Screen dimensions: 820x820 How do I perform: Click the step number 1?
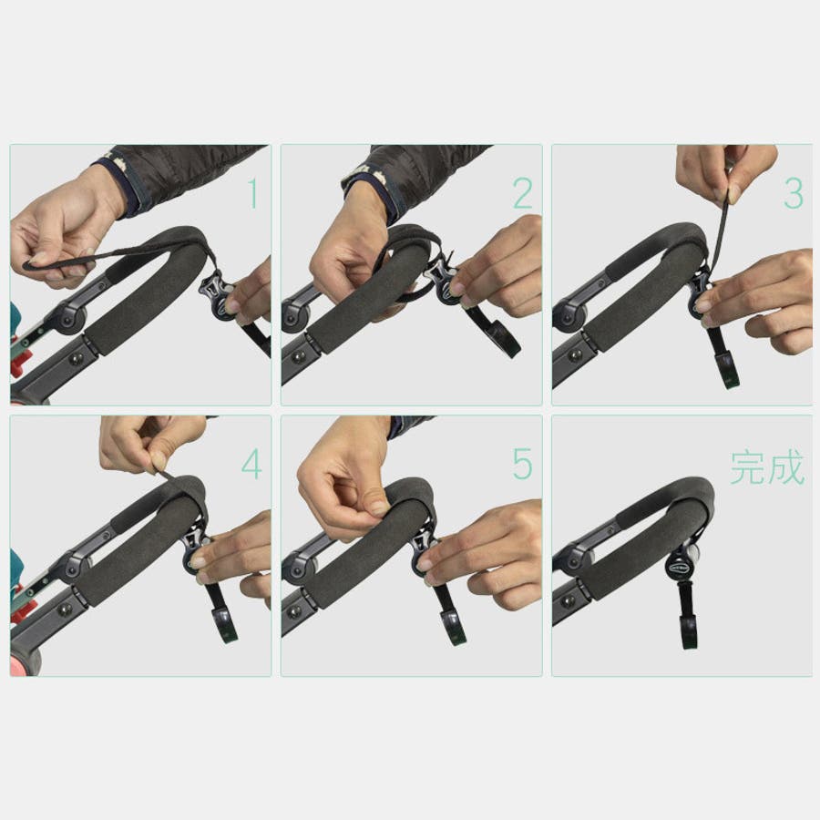(x=253, y=193)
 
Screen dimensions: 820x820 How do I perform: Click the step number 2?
(x=523, y=193)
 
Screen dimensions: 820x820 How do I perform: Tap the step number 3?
(x=794, y=193)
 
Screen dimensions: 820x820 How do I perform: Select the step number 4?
(x=251, y=464)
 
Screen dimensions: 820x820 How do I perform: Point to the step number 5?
(x=522, y=464)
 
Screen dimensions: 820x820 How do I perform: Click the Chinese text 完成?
(x=767, y=467)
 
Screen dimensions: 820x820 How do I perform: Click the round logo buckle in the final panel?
(x=677, y=568)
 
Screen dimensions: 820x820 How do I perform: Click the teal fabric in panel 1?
(x=15, y=315)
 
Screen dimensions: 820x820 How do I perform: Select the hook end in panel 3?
(x=726, y=369)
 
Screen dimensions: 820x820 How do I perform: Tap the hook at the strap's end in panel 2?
(x=507, y=343)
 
